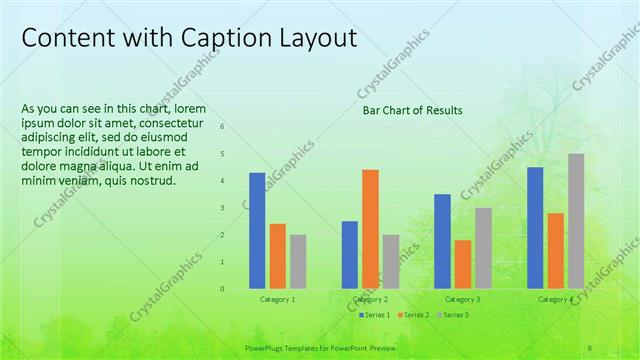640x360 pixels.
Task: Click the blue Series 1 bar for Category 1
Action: click(257, 230)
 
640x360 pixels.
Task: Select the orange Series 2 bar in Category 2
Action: click(370, 228)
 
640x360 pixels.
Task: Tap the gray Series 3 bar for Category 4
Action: click(576, 221)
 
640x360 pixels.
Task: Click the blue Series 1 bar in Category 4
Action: click(535, 227)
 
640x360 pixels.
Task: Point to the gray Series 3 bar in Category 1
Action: click(298, 261)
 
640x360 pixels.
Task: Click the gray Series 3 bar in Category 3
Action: click(483, 248)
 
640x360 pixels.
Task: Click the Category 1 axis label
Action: click(277, 299)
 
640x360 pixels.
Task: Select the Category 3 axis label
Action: click(462, 299)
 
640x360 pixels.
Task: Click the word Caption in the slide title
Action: click(220, 38)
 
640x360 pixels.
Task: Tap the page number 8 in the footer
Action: click(590, 348)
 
